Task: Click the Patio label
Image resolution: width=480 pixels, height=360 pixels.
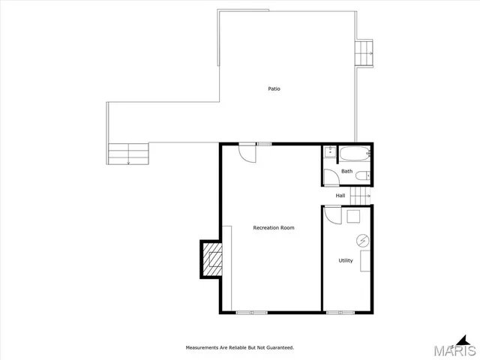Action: click(274, 89)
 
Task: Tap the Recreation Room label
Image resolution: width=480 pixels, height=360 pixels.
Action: click(273, 227)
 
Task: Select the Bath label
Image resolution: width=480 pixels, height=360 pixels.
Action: click(346, 171)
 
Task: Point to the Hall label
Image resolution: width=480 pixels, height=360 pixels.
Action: click(340, 196)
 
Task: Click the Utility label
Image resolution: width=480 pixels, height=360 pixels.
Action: click(346, 261)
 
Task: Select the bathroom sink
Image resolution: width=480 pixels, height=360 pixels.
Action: click(329, 152)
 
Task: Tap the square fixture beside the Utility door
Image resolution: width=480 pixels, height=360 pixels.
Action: click(353, 216)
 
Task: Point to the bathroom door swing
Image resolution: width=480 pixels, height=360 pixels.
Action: click(331, 177)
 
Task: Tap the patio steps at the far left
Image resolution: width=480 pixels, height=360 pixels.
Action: click(128, 154)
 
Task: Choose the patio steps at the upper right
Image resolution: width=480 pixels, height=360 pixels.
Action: click(364, 53)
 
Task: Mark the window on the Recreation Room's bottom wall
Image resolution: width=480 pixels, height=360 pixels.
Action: click(251, 312)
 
